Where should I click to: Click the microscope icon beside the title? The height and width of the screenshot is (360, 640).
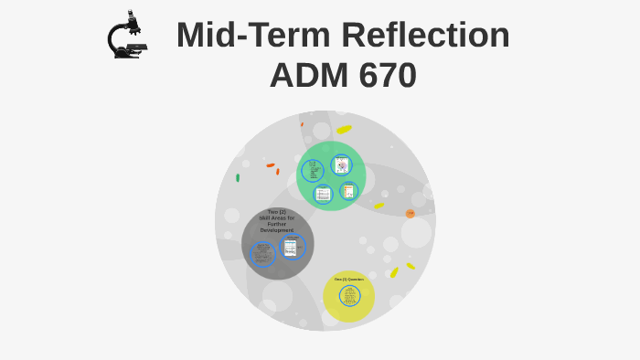point(126,37)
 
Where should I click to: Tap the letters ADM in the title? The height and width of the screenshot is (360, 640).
point(305,75)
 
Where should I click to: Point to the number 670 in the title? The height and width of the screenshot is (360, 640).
point(383,75)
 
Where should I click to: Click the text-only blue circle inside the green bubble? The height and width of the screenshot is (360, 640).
point(313,171)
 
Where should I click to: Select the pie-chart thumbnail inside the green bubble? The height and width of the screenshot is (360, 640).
point(341,164)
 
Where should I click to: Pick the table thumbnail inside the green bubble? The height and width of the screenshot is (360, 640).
point(323,194)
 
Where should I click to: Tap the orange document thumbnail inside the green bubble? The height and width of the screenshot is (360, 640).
point(348,191)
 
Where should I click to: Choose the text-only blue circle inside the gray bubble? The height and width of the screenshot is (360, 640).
point(263,253)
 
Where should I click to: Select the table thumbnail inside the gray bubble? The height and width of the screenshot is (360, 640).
point(292,246)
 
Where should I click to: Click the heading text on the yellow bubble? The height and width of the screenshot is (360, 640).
point(348,279)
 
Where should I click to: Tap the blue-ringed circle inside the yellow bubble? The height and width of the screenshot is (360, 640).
point(349,296)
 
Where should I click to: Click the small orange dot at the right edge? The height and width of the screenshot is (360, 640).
point(411,214)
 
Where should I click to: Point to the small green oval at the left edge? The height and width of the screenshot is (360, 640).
point(238,177)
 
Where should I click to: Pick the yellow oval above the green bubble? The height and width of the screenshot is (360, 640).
point(344,130)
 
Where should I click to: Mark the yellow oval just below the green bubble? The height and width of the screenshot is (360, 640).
point(379,206)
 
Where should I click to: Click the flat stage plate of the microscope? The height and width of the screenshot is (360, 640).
point(135,44)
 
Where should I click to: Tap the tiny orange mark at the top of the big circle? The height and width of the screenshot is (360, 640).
point(302,123)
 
